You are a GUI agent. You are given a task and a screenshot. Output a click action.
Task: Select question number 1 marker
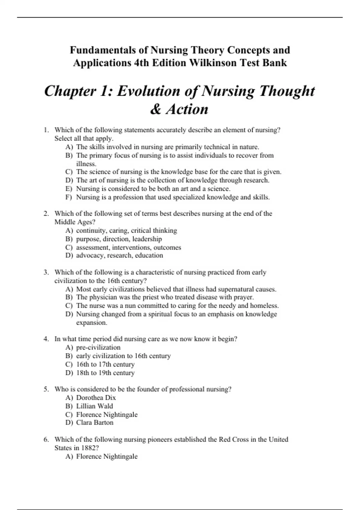(x=46, y=130)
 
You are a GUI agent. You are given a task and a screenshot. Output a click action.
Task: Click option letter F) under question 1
(x=69, y=197)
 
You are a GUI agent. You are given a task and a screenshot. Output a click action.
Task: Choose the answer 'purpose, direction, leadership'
(x=119, y=239)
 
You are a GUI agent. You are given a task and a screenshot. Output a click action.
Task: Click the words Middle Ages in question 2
(x=73, y=222)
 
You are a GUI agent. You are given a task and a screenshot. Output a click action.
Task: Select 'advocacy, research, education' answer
(x=119, y=256)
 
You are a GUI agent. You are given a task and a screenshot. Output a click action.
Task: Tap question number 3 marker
(x=46, y=272)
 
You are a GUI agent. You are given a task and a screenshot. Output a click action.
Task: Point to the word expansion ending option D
(x=91, y=323)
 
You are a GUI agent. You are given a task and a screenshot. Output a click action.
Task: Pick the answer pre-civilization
(x=98, y=347)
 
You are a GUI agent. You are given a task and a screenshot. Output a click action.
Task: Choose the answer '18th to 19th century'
(x=105, y=373)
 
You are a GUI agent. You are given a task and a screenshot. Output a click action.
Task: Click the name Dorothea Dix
(x=96, y=398)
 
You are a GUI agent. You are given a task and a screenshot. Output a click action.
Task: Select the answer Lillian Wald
(x=94, y=406)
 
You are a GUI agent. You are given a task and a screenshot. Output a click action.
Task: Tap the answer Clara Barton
(x=95, y=423)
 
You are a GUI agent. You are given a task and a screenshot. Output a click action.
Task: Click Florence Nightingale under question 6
(x=107, y=457)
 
